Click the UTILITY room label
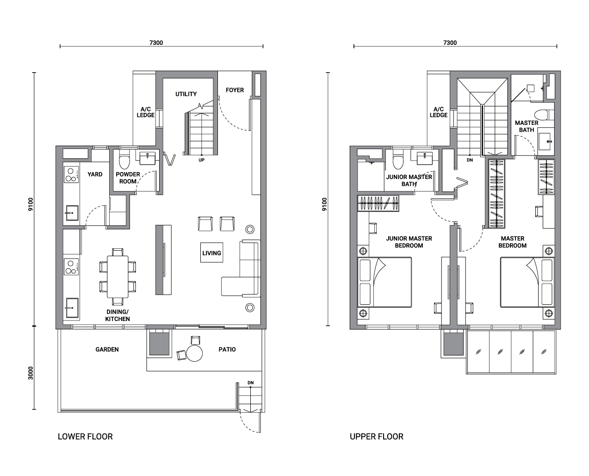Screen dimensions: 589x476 (x=186, y=94)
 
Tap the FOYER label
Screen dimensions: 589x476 (x=235, y=90)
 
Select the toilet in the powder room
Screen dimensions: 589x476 (x=124, y=160)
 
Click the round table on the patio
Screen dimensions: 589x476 (x=194, y=353)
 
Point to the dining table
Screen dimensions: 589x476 (x=118, y=277)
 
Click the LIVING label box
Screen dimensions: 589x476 (x=211, y=253)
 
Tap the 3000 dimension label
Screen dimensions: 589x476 (x=31, y=373)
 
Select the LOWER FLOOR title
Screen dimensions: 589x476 (x=85, y=437)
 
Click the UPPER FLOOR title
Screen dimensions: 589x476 (x=376, y=437)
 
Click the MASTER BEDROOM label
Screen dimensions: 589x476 (x=512, y=242)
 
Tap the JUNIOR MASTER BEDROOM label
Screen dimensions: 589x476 (x=409, y=242)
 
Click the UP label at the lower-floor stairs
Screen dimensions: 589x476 (x=201, y=160)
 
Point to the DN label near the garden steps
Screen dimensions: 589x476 (x=250, y=383)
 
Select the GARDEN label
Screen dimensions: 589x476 (x=107, y=349)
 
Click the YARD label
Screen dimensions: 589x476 (x=95, y=174)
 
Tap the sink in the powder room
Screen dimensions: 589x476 (x=148, y=158)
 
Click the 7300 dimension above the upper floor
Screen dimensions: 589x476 (x=450, y=43)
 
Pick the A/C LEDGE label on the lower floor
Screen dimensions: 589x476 (x=145, y=112)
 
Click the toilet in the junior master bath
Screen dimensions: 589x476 (x=398, y=160)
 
